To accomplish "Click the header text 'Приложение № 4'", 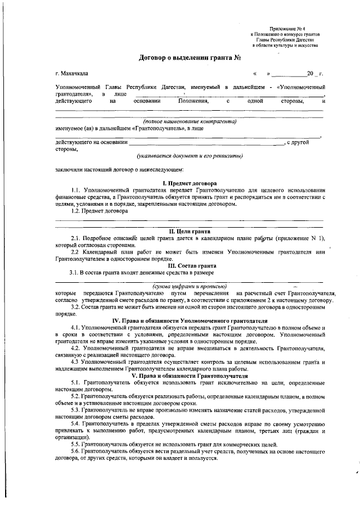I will tap(286, 28).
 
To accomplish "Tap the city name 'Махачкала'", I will tap(75, 74).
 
